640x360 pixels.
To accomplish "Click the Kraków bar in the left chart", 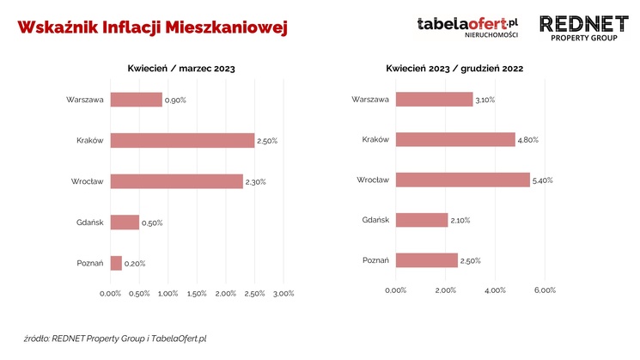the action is (182, 140).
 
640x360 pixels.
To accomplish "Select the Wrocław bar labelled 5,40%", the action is (463, 180).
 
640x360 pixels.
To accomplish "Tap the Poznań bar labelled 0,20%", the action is (116, 263).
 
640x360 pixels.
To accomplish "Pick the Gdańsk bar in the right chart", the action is (422, 220).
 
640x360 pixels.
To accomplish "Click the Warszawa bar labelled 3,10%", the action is (435, 100).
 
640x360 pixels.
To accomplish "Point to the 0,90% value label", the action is (175, 101).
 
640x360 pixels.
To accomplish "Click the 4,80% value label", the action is (528, 140).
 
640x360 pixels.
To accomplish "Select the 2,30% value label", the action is (255, 182).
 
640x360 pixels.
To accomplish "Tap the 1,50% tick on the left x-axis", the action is (197, 294).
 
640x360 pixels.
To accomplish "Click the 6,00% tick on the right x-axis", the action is (545, 290).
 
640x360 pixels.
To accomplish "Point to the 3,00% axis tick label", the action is (283, 294).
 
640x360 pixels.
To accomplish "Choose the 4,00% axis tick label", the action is (495, 290).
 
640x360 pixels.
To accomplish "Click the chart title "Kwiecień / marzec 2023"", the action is (181, 68).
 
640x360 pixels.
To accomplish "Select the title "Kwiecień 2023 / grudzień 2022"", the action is (454, 68).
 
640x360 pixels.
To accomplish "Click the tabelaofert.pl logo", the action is (467, 27).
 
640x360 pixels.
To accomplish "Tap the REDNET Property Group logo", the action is (584, 28).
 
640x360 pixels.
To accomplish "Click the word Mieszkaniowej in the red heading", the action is (227, 27).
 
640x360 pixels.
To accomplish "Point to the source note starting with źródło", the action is (115, 339).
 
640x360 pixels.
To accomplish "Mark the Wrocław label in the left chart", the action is (88, 181).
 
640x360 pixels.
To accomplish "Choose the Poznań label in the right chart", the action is (376, 260).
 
